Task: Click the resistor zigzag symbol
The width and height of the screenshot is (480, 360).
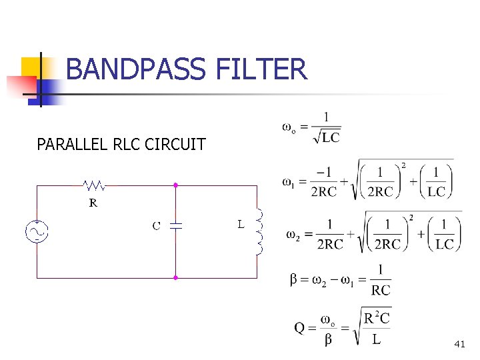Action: pyautogui.click(x=94, y=185)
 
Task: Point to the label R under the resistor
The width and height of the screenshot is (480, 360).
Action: pyautogui.click(x=94, y=203)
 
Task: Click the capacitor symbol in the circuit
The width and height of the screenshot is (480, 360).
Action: pyautogui.click(x=175, y=225)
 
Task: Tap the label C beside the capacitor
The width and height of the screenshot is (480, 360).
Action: pyautogui.click(x=157, y=225)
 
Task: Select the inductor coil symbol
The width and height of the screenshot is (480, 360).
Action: pyautogui.click(x=259, y=231)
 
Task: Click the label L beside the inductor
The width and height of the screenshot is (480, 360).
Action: pyautogui.click(x=241, y=224)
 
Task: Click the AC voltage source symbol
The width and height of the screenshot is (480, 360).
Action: pyautogui.click(x=36, y=231)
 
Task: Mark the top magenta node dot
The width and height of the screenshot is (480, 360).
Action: pyautogui.click(x=175, y=185)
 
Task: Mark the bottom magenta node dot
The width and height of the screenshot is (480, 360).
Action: pyautogui.click(x=175, y=277)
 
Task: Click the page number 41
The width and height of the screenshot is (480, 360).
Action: pyautogui.click(x=459, y=344)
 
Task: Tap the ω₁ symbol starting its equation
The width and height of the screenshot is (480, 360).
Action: pyautogui.click(x=289, y=181)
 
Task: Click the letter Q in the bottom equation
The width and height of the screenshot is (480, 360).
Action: pyautogui.click(x=301, y=327)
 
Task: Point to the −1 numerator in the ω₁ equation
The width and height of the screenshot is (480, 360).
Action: pyautogui.click(x=324, y=172)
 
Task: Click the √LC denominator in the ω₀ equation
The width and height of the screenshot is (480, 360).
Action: pyautogui.click(x=327, y=138)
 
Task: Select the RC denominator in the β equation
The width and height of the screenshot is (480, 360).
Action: pyautogui.click(x=380, y=289)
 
